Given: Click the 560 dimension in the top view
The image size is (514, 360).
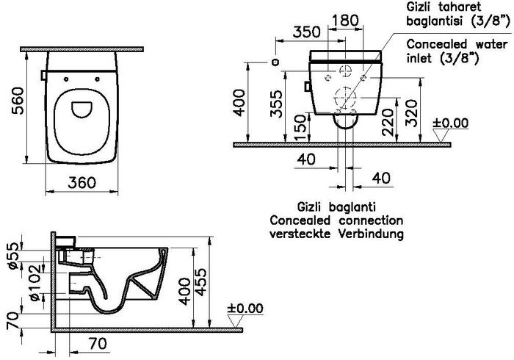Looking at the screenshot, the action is tap(18, 101).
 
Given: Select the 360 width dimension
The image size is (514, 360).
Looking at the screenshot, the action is tap(82, 183).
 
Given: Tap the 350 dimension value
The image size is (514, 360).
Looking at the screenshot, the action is tap(306, 32).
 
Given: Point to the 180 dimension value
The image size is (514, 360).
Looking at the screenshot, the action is tap(346, 21).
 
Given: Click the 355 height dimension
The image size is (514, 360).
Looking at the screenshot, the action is tap(276, 104).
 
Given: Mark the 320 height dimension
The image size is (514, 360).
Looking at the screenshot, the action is tap(411, 113).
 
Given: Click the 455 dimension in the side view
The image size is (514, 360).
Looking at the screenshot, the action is tap(200, 282).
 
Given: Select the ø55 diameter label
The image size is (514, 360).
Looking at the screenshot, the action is tap(14, 256).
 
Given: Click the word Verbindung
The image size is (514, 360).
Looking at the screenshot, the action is tap(371, 234).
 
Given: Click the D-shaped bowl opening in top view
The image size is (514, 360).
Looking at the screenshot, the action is tap(82, 109).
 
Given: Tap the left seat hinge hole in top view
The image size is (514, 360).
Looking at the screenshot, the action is tap(66, 79).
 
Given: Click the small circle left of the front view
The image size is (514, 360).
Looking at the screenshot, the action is tap(275, 62).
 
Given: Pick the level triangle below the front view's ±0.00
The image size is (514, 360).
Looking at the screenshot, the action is tap(441, 135).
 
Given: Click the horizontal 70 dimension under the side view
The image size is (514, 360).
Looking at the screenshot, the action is tap(98, 344).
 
